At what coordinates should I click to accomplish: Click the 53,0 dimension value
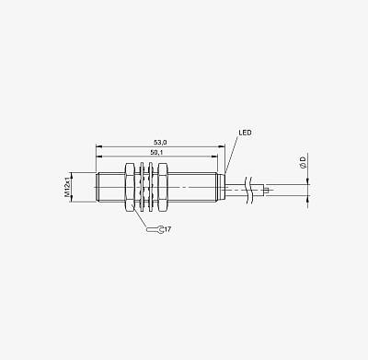tap(160, 143)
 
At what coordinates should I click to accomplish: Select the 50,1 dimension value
tap(156, 152)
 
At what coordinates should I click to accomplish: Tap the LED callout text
tap(245, 133)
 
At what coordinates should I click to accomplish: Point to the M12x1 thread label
tap(67, 187)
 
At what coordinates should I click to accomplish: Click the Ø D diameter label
tap(303, 162)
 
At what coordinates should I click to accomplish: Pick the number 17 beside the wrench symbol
tap(167, 229)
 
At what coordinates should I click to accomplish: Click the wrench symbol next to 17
tap(155, 229)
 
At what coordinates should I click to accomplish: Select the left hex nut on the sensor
tap(129, 187)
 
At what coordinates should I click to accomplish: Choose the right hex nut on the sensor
tap(162, 187)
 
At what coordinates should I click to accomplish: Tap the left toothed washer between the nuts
tap(142, 187)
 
